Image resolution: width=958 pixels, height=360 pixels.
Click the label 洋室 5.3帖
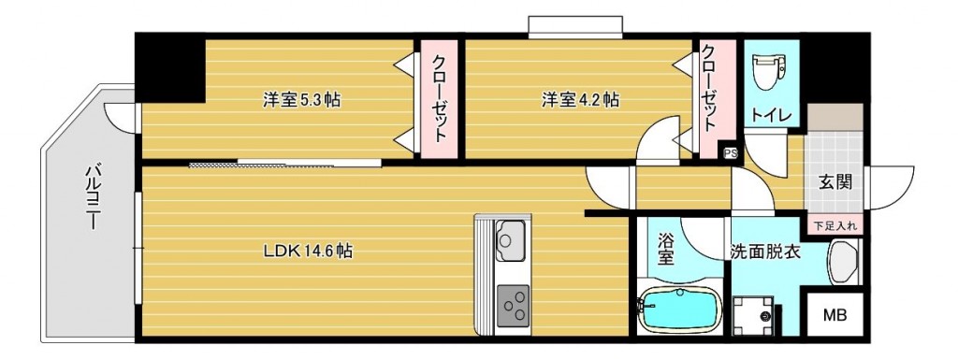[300, 100]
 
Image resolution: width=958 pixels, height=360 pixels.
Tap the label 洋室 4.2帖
[579, 100]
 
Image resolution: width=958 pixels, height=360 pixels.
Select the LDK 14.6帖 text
[307, 251]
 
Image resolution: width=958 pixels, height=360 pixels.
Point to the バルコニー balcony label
[93, 199]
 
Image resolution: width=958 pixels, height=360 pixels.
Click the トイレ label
[772, 115]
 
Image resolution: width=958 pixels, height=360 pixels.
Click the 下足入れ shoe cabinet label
[835, 225]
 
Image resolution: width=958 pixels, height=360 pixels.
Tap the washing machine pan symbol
[756, 315]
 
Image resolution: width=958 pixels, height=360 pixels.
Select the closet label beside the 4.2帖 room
[710, 87]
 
